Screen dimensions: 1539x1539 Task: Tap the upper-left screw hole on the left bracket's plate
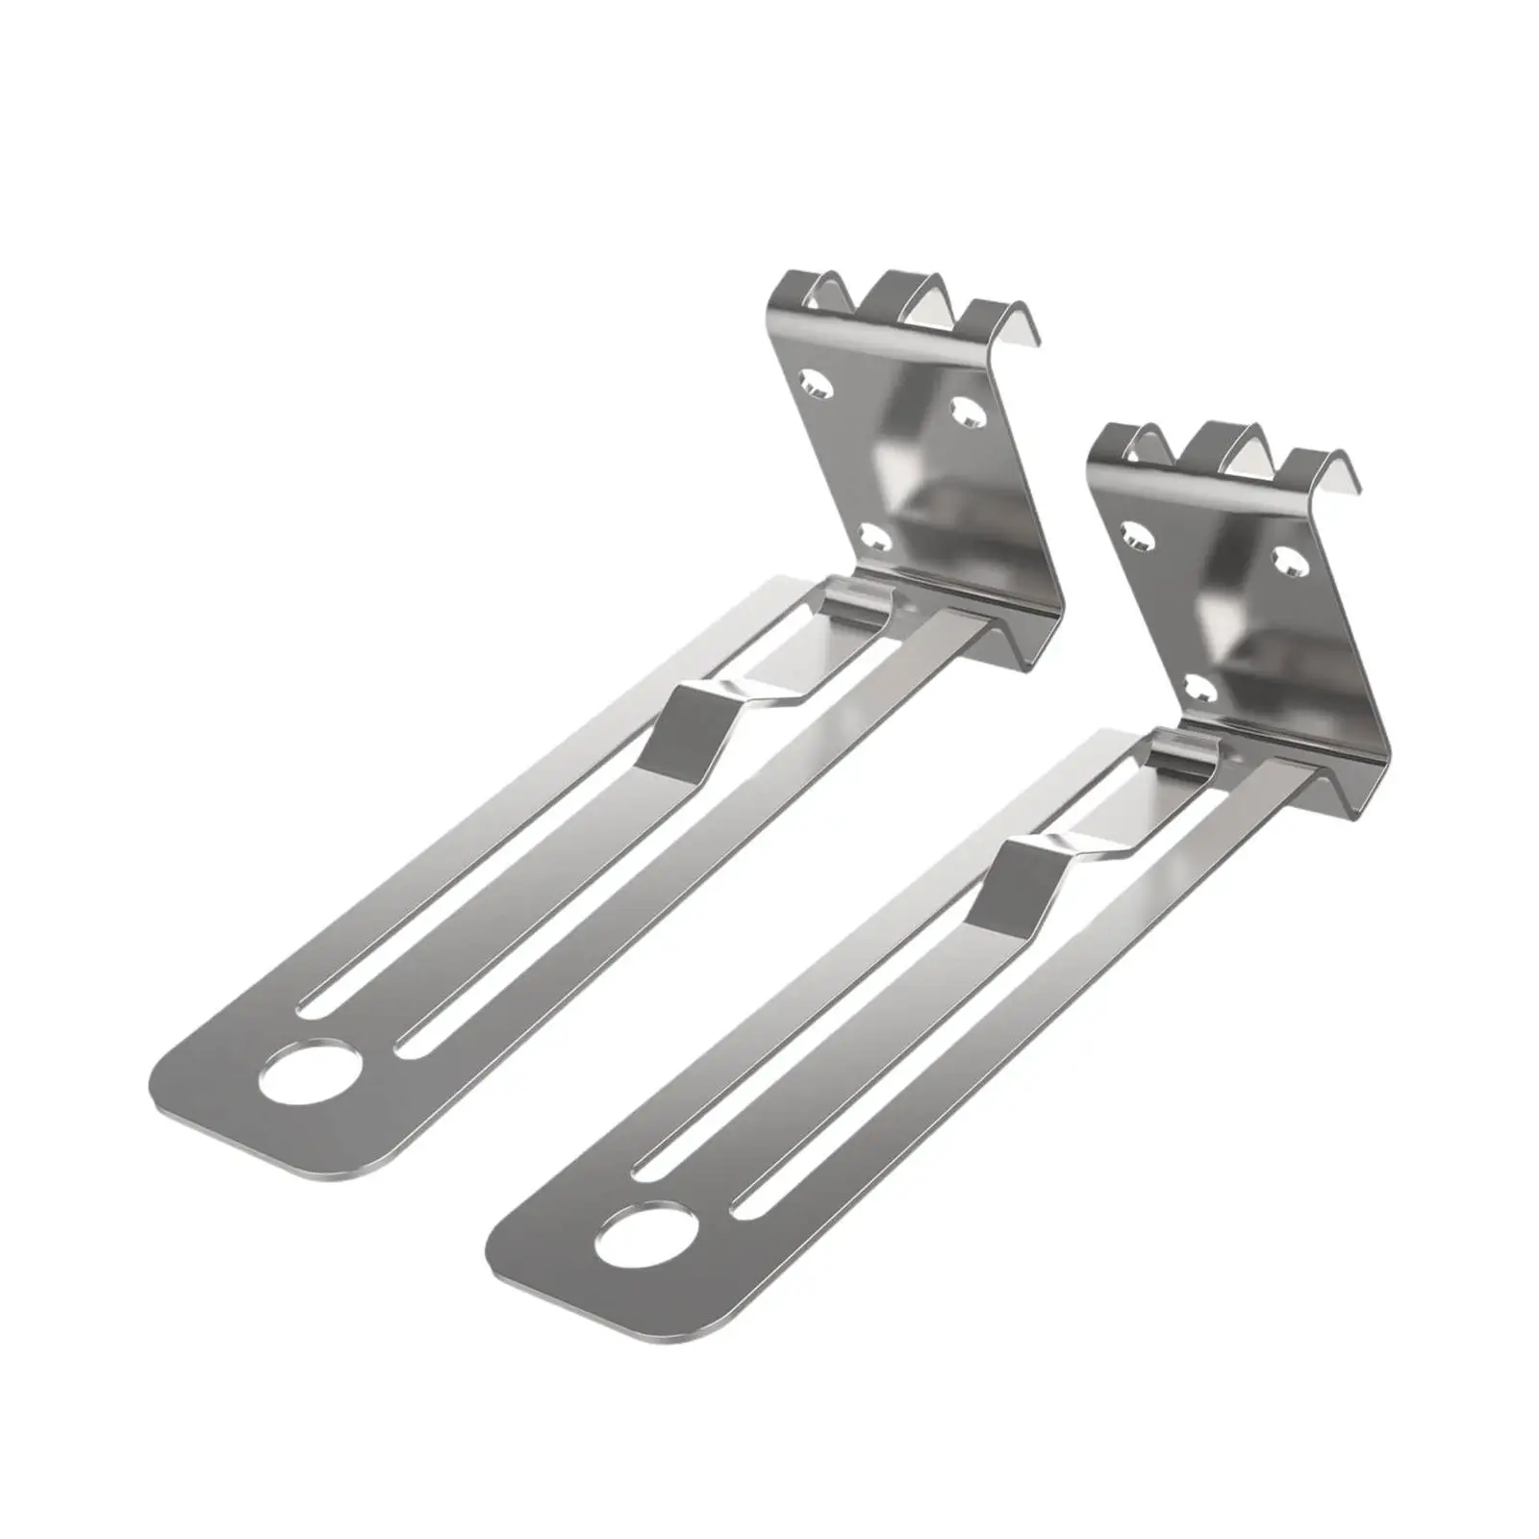pos(815,385)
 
